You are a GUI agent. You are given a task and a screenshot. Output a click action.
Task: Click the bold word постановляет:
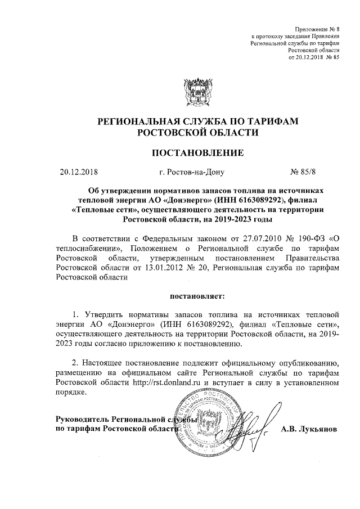point(197,294)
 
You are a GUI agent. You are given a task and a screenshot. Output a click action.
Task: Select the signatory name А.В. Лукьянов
point(309,429)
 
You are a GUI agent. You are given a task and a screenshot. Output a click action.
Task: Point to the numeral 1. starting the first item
point(76,313)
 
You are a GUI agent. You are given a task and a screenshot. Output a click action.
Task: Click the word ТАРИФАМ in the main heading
point(276,121)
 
